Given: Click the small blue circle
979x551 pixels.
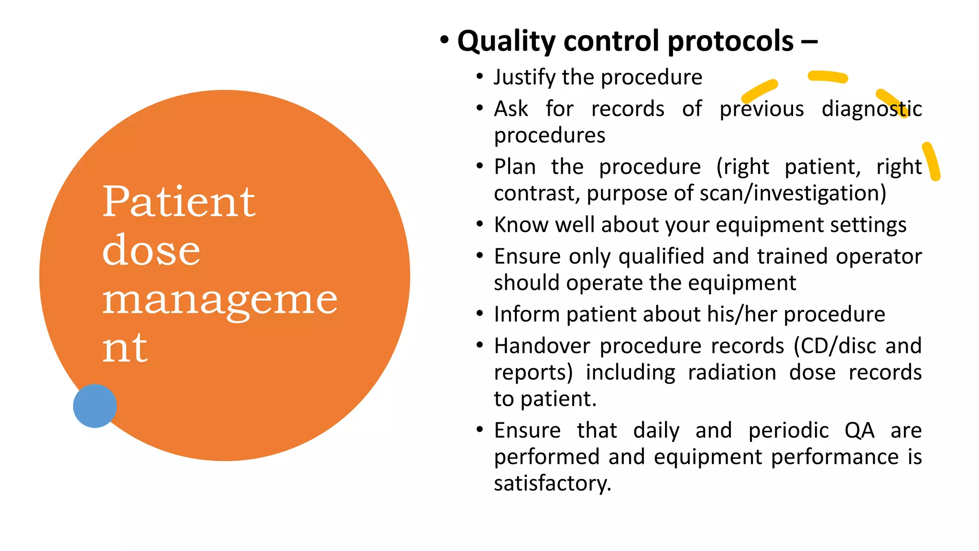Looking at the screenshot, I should tap(95, 406).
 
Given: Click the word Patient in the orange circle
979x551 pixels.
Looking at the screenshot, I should tap(179, 202).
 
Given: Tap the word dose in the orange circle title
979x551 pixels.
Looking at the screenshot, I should tap(151, 251).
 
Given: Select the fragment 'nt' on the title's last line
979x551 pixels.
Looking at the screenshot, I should tap(125, 348).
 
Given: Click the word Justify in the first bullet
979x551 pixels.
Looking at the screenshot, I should tap(525, 77).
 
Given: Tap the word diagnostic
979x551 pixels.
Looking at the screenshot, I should tap(871, 109).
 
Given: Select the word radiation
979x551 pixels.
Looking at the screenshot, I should tap(731, 373).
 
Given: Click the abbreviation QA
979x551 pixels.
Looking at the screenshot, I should tap(859, 430).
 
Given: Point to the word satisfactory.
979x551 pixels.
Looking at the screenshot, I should tap(552, 484).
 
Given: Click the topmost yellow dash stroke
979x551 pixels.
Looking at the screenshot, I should tap(827, 77).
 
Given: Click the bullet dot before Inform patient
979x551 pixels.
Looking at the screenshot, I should tap(480, 314).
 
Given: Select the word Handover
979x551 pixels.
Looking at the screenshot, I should tap(542, 346).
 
